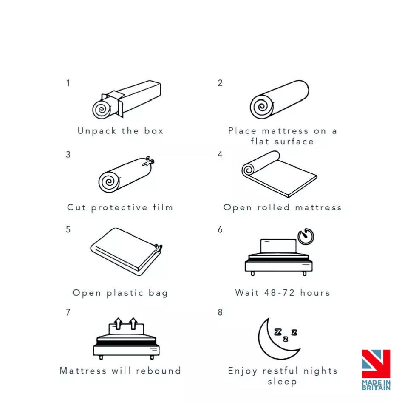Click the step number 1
[x=68, y=83]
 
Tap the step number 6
[x=220, y=230]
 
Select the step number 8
[x=220, y=312]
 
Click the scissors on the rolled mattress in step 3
[x=149, y=161]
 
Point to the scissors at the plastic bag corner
[x=158, y=248]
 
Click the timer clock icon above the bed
[x=306, y=237]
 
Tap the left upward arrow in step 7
[x=118, y=323]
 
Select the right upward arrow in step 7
[x=133, y=323]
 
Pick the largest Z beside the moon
[x=278, y=332]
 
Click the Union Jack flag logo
[x=376, y=364]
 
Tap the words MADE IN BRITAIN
[x=376, y=385]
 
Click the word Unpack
[x=96, y=131]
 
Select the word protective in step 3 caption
[x=119, y=208]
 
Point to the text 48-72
[x=280, y=293]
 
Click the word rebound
[x=159, y=371]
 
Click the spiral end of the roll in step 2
[x=261, y=107]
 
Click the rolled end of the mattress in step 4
[x=248, y=170]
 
